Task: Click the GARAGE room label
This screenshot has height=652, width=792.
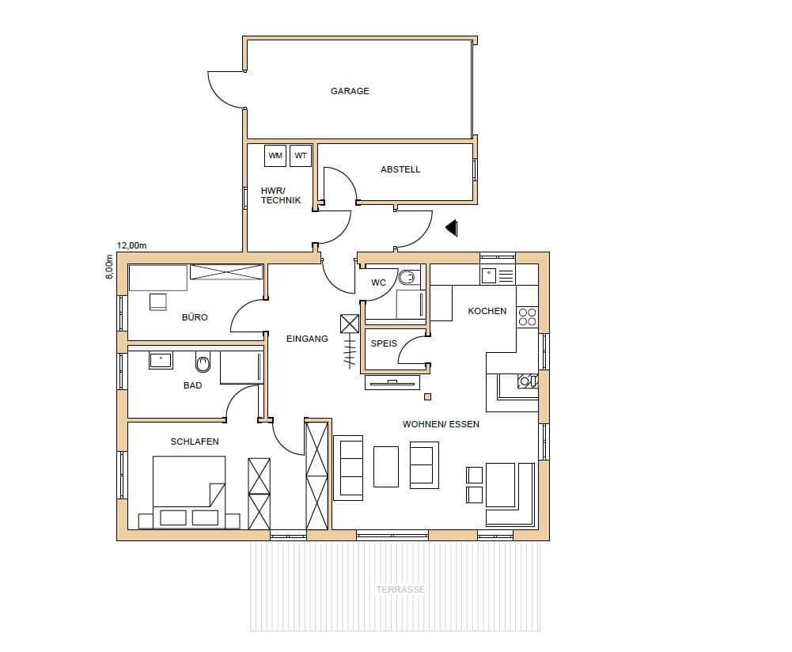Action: tap(350, 91)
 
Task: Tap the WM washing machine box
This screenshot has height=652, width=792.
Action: tap(275, 156)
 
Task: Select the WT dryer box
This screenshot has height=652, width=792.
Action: tap(301, 156)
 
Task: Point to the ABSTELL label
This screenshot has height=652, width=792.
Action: tap(400, 169)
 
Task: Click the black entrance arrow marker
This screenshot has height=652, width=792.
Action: tap(452, 228)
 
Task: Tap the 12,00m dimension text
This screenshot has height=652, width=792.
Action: tap(131, 245)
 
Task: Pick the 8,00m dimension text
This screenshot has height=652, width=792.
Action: tap(109, 267)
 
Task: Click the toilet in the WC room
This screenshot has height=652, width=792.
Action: tap(407, 277)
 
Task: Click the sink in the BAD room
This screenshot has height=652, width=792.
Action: tap(161, 361)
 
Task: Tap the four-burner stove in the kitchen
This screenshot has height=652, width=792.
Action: tap(527, 317)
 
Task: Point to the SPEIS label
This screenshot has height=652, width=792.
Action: tap(384, 343)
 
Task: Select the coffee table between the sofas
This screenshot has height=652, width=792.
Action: tap(386, 467)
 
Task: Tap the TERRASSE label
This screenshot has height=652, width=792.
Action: tap(400, 589)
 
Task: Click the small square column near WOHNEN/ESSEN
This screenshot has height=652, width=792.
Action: tap(427, 397)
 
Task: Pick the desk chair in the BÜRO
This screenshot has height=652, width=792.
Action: tap(158, 301)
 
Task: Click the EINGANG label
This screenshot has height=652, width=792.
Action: tap(307, 339)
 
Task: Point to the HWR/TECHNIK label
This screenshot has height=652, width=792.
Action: tap(281, 195)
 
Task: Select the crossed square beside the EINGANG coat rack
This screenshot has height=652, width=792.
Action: tap(350, 324)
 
